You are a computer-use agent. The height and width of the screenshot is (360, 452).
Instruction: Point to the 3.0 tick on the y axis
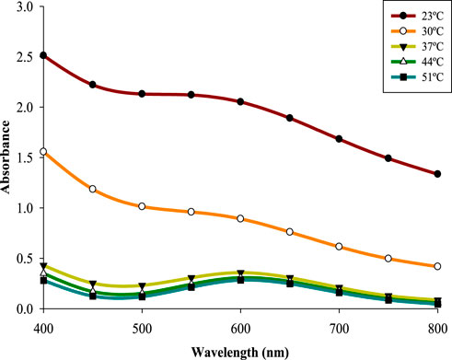pyautogui.click(x=24, y=6)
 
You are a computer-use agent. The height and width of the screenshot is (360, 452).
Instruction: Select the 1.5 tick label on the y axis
pyautogui.click(x=24, y=157)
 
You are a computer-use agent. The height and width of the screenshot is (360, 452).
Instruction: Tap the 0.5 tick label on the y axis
pyautogui.click(x=24, y=259)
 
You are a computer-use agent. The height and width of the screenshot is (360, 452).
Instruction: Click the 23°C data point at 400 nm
pyautogui.click(x=43, y=55)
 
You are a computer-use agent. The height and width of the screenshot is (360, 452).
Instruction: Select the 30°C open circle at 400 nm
pyautogui.click(x=43, y=151)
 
